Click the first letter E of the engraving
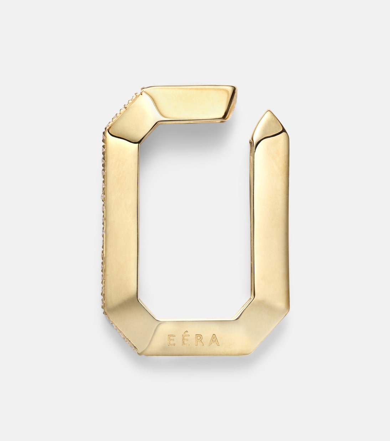click(x=171, y=340)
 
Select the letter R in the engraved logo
click(x=200, y=340)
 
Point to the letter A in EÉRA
click(x=214, y=340)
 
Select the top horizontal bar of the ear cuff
click(x=189, y=103)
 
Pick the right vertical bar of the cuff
click(x=271, y=218)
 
